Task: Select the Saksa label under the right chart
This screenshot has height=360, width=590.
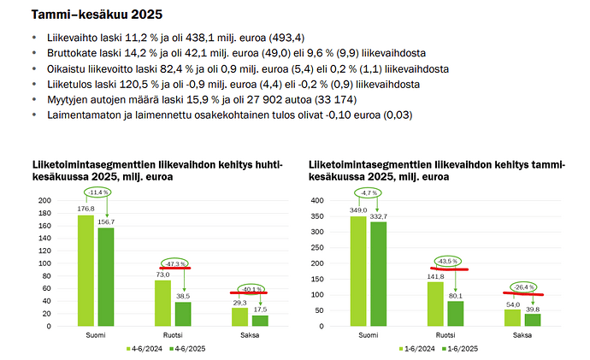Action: [523, 334]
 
